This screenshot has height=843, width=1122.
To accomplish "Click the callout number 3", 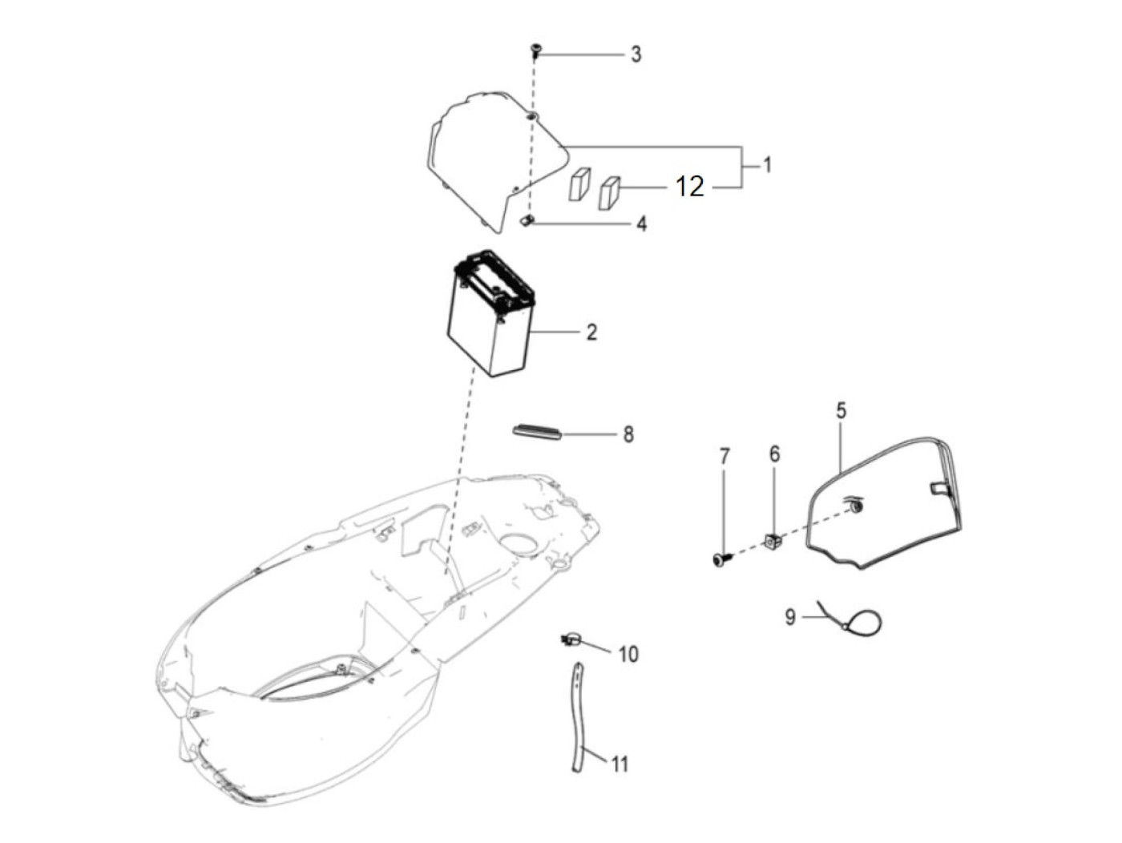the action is coord(636,54).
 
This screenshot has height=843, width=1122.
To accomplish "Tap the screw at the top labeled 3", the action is coord(535,50).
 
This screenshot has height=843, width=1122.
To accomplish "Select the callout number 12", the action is coord(689,187).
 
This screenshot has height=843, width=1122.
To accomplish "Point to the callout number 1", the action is coord(767,165).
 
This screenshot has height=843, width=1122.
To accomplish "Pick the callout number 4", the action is coord(641,224).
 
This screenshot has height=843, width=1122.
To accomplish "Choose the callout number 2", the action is coord(591,333).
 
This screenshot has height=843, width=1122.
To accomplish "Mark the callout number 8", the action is coord(628,435).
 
